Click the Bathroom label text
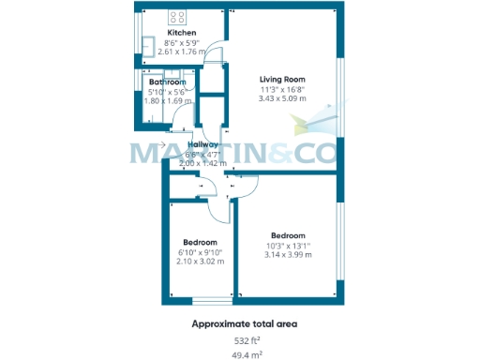point(167,82)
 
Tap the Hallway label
point(202,144)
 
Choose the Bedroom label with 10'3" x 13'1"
point(288,235)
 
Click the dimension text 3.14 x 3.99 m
point(288,254)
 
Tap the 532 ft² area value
point(247,339)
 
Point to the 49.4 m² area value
point(247,354)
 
